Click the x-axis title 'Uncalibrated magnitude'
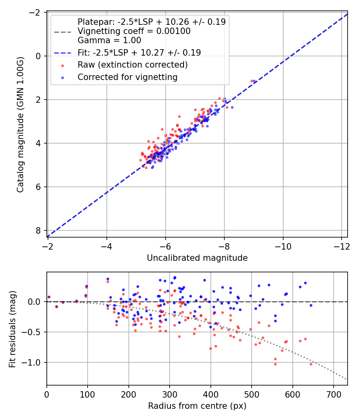[197, 258]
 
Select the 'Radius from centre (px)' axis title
[197, 406]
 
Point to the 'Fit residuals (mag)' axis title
[12, 329]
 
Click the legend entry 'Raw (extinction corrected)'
[132, 64]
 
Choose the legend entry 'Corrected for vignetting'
[128, 77]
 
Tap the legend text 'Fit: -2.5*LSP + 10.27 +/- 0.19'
[139, 52]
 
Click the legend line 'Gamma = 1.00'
[109, 40]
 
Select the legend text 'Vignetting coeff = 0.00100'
[134, 31]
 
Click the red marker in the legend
[62, 65]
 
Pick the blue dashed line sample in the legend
[62, 53]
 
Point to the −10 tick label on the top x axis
[283, 246]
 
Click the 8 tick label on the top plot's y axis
[38, 230]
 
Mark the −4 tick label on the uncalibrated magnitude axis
[106, 246]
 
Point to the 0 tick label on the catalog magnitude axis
[38, 56]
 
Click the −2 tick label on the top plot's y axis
[36, 12]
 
